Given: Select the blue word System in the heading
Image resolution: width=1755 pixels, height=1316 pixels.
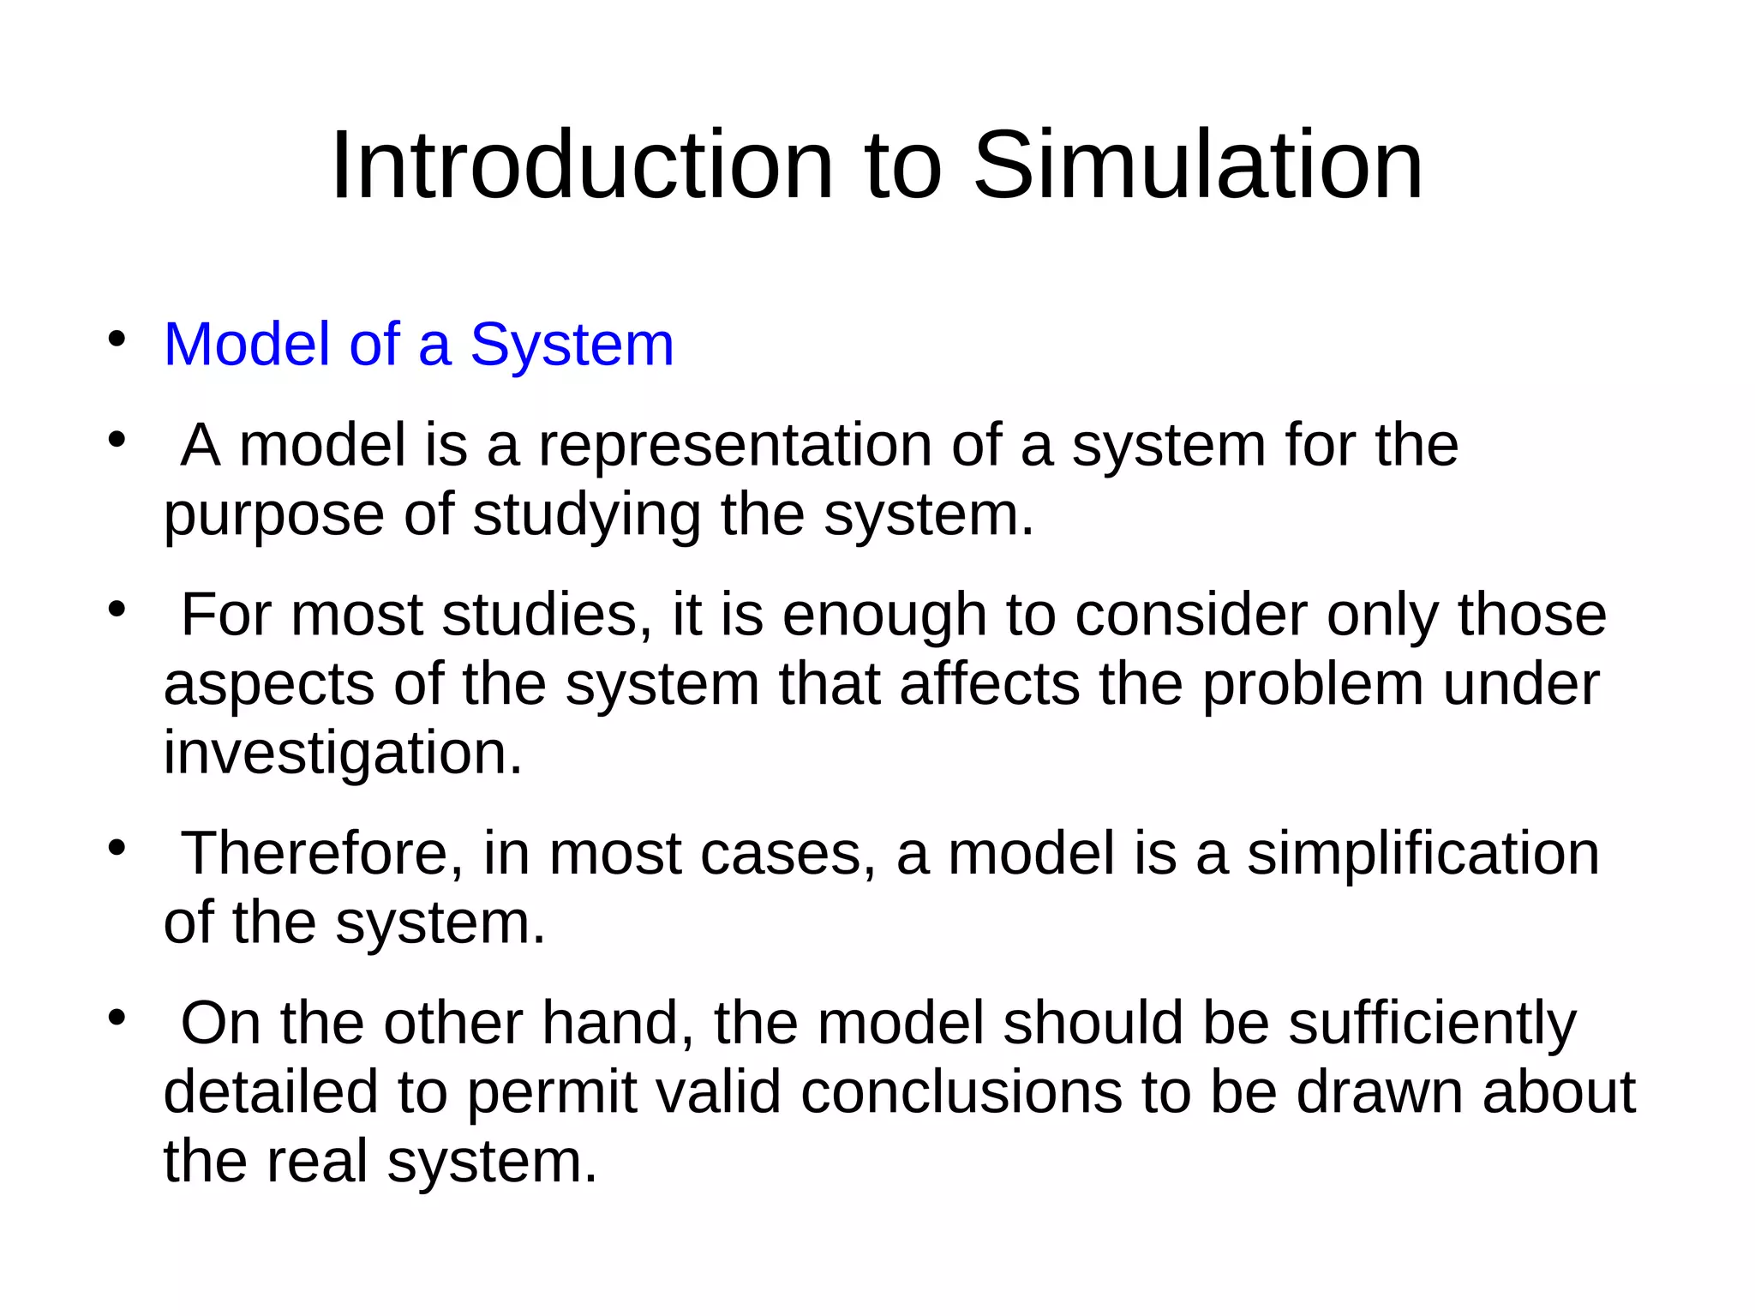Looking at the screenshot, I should [x=572, y=345].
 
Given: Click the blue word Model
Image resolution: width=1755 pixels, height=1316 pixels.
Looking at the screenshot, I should [x=247, y=345].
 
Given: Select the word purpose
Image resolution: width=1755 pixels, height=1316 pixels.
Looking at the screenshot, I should [x=273, y=517].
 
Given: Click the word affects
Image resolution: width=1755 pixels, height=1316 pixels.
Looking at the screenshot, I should [x=990, y=684].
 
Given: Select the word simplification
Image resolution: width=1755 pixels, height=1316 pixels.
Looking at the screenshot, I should [x=1423, y=855].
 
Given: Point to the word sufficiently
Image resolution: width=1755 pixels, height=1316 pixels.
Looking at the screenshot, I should [x=1432, y=1025].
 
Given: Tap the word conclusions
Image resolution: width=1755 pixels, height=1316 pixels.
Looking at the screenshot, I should [x=961, y=1092].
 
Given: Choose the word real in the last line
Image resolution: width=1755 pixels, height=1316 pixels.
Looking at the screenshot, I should [x=317, y=1161].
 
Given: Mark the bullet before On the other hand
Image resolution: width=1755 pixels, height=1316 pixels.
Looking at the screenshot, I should [x=117, y=1018].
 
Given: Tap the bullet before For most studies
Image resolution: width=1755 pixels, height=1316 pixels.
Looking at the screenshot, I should [x=117, y=610].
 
